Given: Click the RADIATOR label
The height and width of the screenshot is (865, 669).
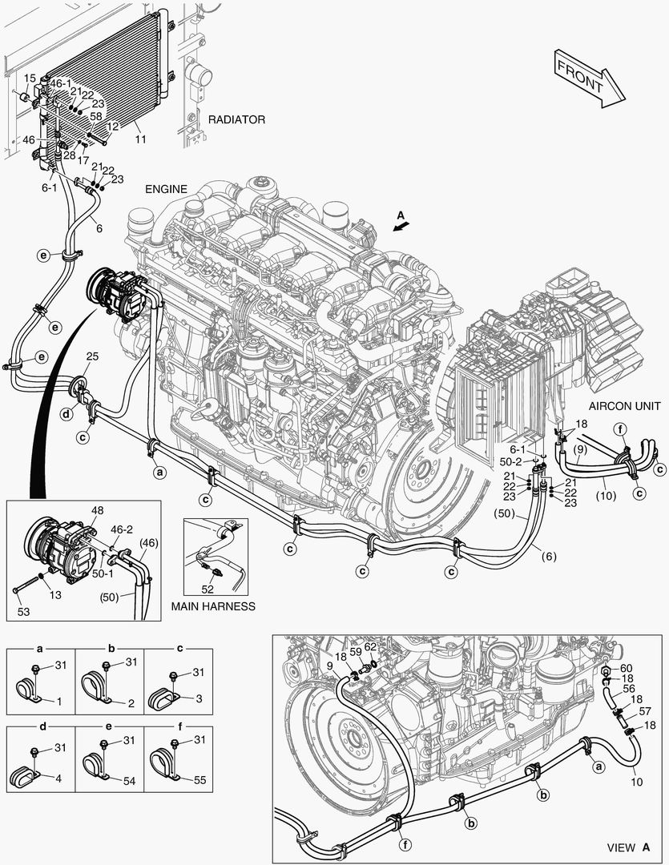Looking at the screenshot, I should (x=236, y=119).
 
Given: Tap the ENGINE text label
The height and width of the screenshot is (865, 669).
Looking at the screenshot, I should (x=166, y=189).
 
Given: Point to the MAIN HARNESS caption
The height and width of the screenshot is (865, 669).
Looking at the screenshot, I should (x=213, y=606).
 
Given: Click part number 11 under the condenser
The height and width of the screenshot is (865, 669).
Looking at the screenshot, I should (x=140, y=139).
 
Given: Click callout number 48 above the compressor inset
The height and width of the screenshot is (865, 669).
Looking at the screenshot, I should (x=98, y=509).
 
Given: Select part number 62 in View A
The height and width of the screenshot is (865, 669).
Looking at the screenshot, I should (x=370, y=647).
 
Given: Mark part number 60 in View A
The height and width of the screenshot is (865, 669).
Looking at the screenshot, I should (x=627, y=668).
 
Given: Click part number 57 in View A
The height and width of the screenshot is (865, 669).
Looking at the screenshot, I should (x=645, y=711).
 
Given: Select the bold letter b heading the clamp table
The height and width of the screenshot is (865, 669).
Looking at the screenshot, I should (x=110, y=648).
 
